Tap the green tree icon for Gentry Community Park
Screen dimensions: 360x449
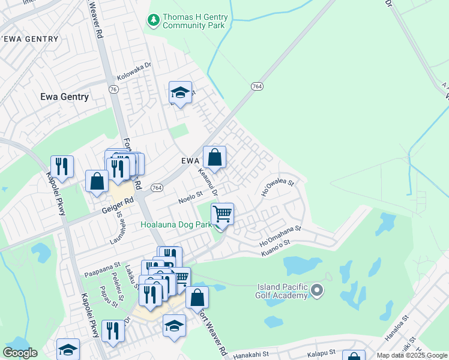(154, 21)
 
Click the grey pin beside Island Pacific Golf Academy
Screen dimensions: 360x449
(318, 292)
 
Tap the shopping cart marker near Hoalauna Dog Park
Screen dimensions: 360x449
(222, 214)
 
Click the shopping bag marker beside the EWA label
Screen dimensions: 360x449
(214, 158)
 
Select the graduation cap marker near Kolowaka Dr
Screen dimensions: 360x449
(180, 92)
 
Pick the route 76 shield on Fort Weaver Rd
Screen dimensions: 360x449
(113, 89)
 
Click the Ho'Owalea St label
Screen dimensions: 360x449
(277, 187)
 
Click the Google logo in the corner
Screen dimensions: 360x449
(20, 353)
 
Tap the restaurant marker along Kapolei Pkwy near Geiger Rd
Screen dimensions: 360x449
(62, 166)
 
